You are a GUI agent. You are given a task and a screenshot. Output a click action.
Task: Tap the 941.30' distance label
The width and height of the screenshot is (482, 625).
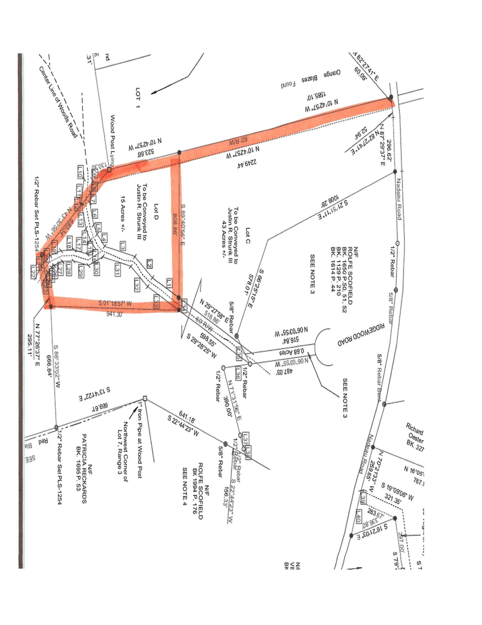click(112, 314)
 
